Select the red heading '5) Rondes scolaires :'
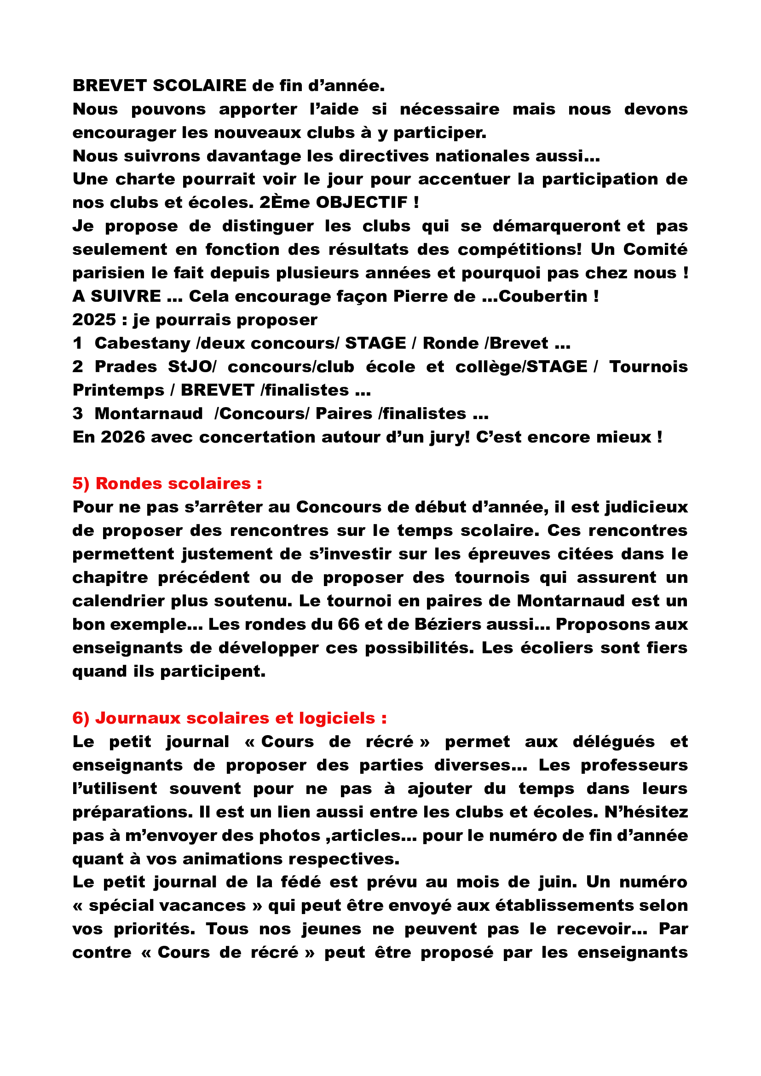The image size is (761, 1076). click(167, 483)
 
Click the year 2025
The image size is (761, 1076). click(94, 320)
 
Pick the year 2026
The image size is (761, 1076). click(123, 437)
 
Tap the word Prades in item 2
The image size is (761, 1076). click(126, 367)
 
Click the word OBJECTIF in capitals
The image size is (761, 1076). click(362, 203)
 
